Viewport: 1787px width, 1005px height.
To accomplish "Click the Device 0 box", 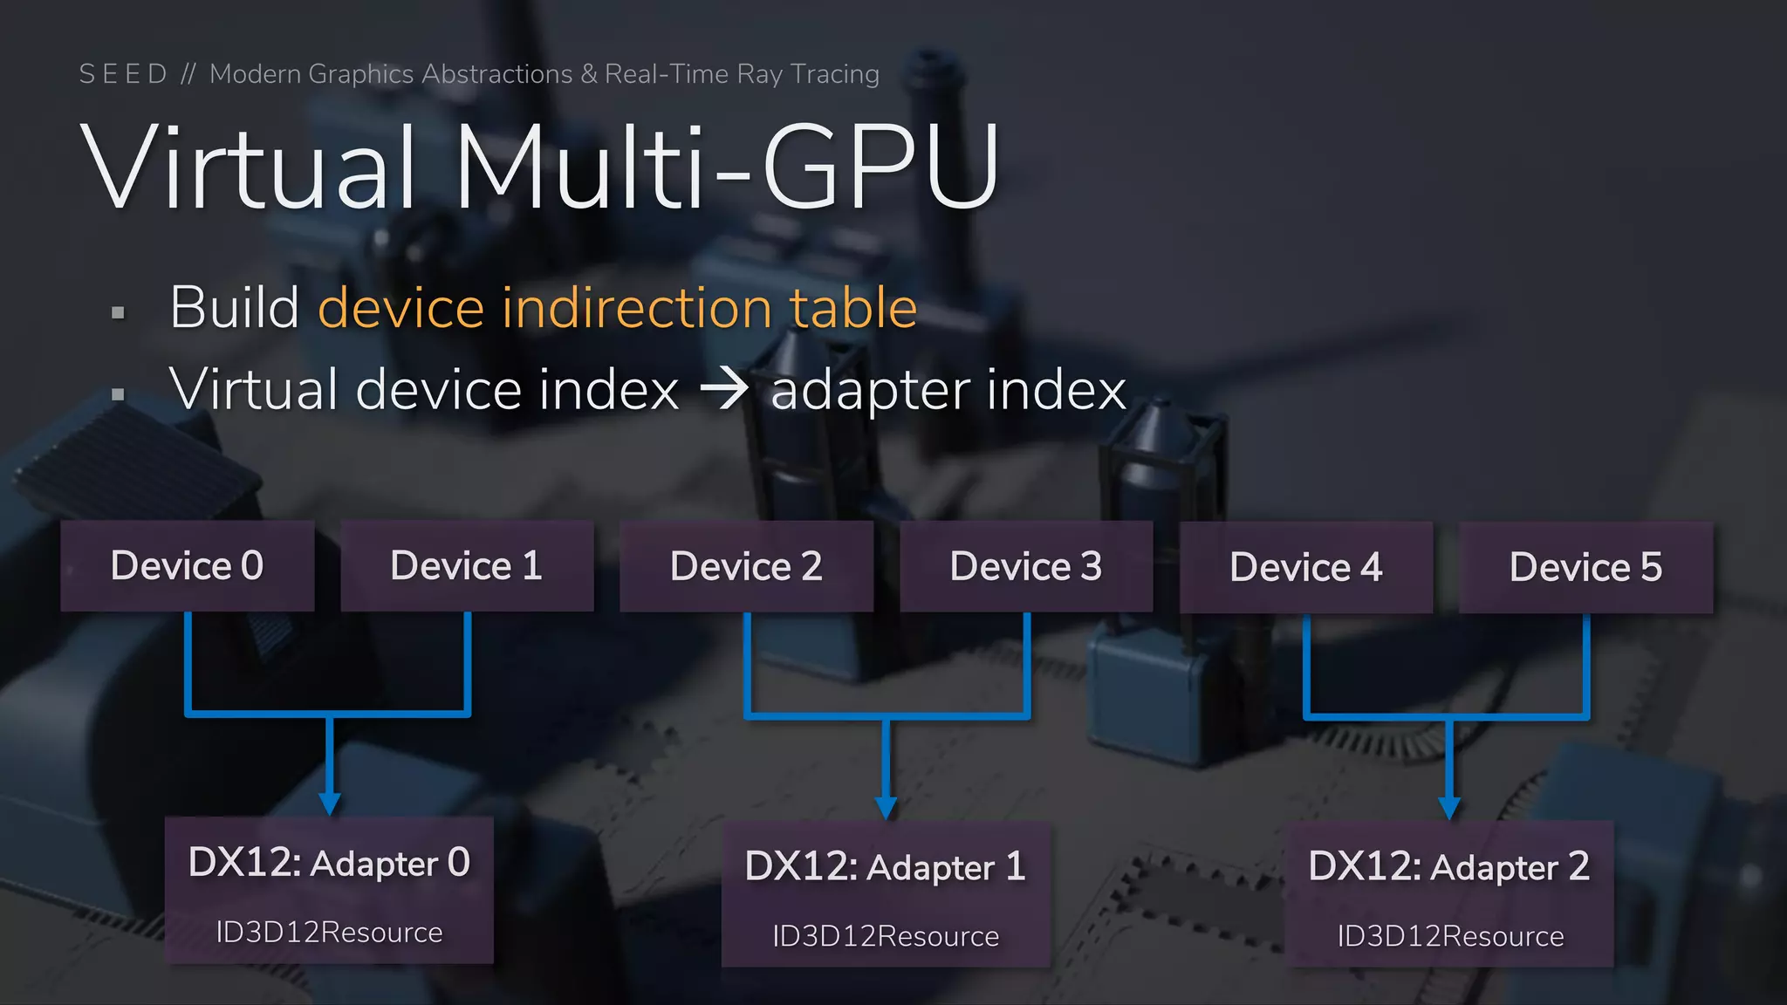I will pyautogui.click(x=187, y=565).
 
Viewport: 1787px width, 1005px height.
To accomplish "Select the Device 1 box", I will pyautogui.click(x=467, y=565).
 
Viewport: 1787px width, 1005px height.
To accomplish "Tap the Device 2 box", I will pyautogui.click(x=746, y=566).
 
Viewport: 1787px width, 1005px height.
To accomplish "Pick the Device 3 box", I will pyautogui.click(x=1026, y=566).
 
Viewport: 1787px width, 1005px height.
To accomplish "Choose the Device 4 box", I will pyautogui.click(x=1306, y=567).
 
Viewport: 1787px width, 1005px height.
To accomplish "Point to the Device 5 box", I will pyautogui.click(x=1585, y=567).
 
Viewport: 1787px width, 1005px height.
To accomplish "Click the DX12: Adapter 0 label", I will pyautogui.click(x=329, y=863).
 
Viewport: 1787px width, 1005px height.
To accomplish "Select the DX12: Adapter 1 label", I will pyautogui.click(x=885, y=866).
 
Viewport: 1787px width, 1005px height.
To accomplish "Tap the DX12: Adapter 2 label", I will pyautogui.click(x=1448, y=866).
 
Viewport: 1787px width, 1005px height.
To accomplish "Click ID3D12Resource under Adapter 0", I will pyautogui.click(x=329, y=932).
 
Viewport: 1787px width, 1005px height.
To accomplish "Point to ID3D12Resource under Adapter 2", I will pyautogui.click(x=1450, y=935).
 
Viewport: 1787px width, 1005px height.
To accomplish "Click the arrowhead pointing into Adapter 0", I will pyautogui.click(x=329, y=803).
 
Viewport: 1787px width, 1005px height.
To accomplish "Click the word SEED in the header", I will pyautogui.click(x=123, y=74).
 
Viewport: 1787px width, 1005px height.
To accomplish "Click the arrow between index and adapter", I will pyautogui.click(x=724, y=388).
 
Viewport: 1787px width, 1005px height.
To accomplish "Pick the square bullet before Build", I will pyautogui.click(x=119, y=312).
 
